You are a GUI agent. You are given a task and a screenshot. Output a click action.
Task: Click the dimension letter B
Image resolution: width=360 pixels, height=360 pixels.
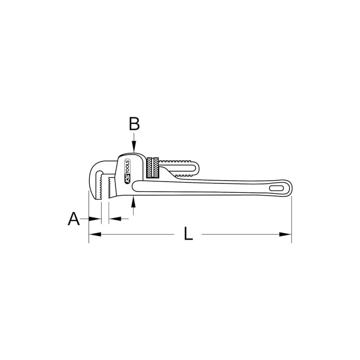[x=134, y=123]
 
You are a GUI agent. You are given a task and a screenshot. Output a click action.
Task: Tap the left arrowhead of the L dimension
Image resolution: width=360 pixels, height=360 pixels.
[x=94, y=234]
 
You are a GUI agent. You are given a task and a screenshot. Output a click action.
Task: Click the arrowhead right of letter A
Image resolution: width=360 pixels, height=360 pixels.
[x=94, y=219]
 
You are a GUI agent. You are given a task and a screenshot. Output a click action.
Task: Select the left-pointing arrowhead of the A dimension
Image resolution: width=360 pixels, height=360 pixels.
[x=113, y=219]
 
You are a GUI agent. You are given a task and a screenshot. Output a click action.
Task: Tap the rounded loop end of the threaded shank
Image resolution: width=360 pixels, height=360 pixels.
[x=194, y=167]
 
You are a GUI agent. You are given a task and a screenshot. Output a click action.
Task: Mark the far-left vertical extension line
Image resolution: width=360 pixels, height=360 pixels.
[x=88, y=216]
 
